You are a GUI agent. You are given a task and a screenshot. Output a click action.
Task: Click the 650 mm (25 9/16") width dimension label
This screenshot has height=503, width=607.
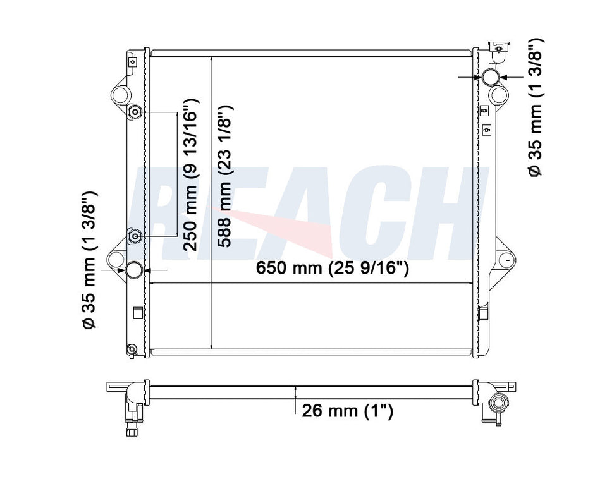click(x=332, y=267)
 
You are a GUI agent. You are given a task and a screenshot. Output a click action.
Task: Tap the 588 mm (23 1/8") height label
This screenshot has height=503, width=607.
click(x=224, y=176)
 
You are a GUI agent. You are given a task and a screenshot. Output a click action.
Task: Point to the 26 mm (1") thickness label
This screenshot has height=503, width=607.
click(x=347, y=411)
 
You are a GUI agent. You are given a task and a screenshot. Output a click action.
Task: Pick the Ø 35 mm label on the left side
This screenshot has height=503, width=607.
click(x=89, y=260)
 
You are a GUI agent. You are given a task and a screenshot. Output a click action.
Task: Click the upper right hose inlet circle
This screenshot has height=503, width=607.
click(x=489, y=76)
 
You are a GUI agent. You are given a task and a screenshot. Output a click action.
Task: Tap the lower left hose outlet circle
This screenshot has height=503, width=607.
click(x=135, y=270)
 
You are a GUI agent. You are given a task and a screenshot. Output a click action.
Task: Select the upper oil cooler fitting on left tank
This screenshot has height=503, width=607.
click(x=135, y=112)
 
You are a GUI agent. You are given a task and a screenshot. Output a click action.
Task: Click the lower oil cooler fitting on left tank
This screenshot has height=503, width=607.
click(x=135, y=236)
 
